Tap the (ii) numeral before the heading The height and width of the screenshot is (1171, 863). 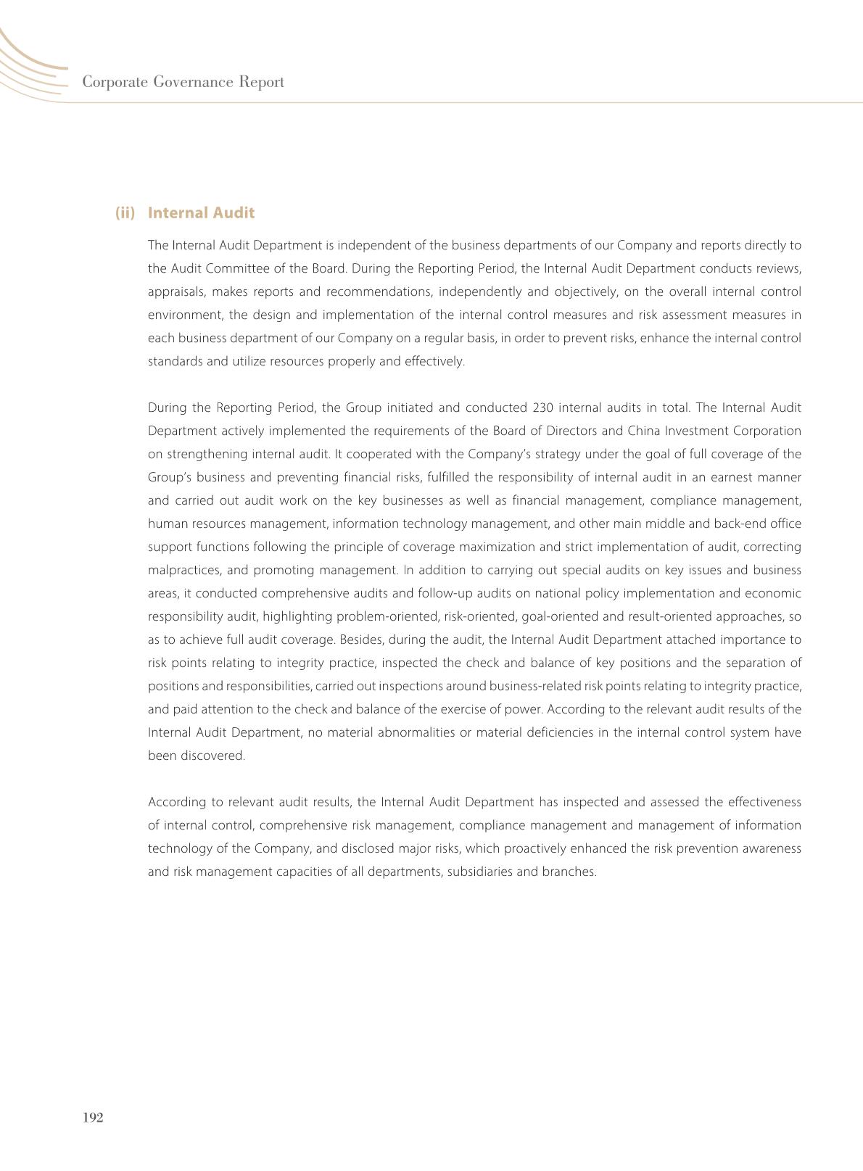click(x=125, y=212)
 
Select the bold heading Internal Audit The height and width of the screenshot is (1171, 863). click(x=201, y=212)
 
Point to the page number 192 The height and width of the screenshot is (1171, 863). click(x=94, y=1117)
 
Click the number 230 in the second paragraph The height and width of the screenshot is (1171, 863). click(x=542, y=407)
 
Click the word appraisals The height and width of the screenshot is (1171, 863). click(x=175, y=291)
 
